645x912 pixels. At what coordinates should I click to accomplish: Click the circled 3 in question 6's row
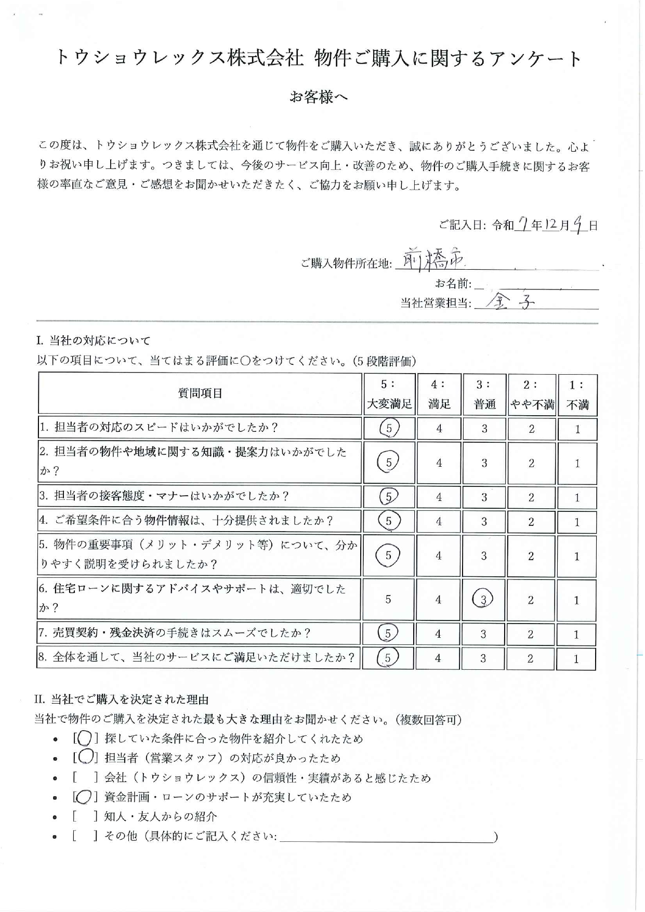pyautogui.click(x=483, y=600)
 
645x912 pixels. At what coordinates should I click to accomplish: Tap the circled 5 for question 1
pyautogui.click(x=389, y=428)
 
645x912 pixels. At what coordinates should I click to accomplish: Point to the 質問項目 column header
pyautogui.click(x=200, y=393)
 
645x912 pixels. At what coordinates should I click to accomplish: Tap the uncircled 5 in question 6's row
pyautogui.click(x=388, y=599)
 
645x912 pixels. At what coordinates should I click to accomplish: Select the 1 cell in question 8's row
pyautogui.click(x=576, y=658)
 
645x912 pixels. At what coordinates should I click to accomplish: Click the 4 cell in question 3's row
pyautogui.click(x=439, y=497)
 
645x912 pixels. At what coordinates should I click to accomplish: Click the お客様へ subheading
pyautogui.click(x=319, y=97)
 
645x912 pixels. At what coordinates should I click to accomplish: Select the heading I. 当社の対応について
pyautogui.click(x=94, y=341)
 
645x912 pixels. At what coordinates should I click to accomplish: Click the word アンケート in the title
pyautogui.click(x=535, y=58)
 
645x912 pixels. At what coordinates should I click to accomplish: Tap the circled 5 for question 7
pyautogui.click(x=388, y=633)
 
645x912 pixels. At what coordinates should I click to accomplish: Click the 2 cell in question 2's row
pyautogui.click(x=531, y=463)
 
